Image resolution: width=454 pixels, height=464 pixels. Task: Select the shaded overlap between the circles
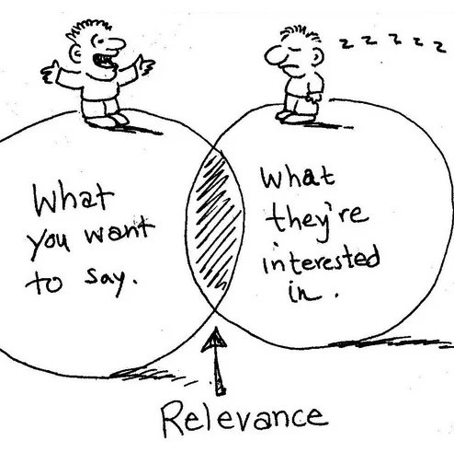(215, 227)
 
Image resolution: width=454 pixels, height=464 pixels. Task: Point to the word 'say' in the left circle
(105, 282)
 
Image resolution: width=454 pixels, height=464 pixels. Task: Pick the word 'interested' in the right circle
(322, 260)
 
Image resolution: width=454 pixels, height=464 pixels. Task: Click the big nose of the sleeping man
(275, 56)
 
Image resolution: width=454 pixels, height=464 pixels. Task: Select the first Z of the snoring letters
(346, 43)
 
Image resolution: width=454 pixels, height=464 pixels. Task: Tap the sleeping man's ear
(318, 56)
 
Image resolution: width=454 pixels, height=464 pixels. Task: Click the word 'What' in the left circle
(73, 200)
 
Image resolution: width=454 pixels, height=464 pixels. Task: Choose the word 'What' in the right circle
(297, 177)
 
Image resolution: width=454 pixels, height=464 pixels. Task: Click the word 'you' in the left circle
(49, 242)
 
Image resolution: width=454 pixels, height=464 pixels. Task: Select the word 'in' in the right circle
(304, 292)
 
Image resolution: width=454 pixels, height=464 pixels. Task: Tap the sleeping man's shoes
(295, 117)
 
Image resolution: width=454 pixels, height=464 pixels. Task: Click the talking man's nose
(117, 44)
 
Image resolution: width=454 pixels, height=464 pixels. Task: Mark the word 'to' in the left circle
(44, 282)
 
